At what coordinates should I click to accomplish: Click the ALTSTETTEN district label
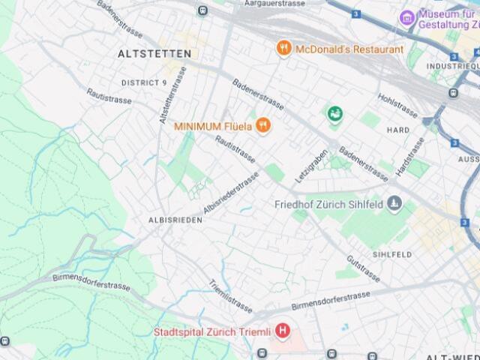click(x=154, y=54)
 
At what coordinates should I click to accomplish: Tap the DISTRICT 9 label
click(x=144, y=82)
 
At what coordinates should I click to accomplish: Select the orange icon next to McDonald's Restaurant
click(x=283, y=49)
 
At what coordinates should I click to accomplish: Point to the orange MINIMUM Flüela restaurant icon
click(x=262, y=126)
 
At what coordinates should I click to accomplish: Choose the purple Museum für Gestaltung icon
click(x=407, y=16)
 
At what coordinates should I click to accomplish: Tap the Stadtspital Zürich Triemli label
click(x=212, y=331)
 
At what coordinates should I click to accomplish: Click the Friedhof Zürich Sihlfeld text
click(x=328, y=204)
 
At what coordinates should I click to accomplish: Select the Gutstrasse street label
click(x=363, y=269)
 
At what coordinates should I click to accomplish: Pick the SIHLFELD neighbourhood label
click(x=392, y=255)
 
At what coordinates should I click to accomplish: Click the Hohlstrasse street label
click(x=397, y=106)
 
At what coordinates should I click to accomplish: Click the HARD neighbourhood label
click(x=398, y=130)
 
